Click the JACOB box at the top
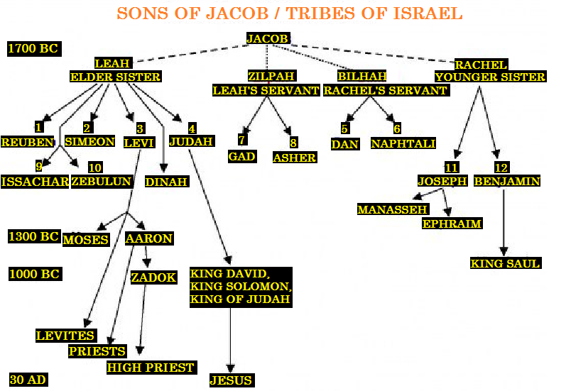tap(268, 38)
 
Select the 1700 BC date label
tap(33, 49)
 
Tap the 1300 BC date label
tap(33, 236)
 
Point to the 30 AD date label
tap(28, 380)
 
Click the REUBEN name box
tap(28, 142)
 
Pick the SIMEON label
tap(89, 141)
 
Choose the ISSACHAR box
tap(35, 182)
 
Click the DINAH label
tap(166, 182)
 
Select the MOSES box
tap(86, 239)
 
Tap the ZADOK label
tap(153, 277)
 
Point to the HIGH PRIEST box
tap(151, 368)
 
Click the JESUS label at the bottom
tap(231, 380)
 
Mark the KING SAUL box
tap(505, 263)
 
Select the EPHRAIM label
tap(452, 224)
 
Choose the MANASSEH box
tap(393, 209)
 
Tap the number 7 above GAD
tap(242, 141)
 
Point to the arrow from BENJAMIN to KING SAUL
tap(504, 220)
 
